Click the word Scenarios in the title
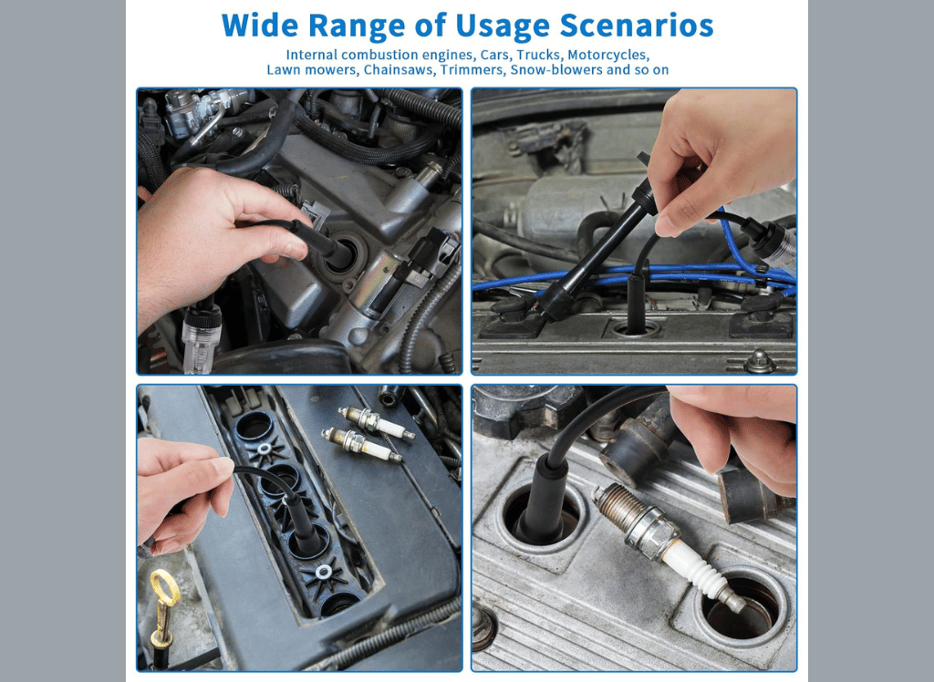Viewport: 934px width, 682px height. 636,26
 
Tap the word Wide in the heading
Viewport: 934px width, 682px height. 260,26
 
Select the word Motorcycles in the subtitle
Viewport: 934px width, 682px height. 608,55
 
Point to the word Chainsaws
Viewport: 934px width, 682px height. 400,70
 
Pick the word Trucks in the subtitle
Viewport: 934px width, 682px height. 539,55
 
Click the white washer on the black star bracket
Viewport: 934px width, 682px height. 324,573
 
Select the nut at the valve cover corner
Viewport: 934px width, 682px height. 760,361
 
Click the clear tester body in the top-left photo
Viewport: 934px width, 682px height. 202,337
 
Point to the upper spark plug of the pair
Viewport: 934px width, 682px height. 376,422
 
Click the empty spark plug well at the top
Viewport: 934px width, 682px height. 255,425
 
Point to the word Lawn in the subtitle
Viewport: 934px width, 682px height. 283,70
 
